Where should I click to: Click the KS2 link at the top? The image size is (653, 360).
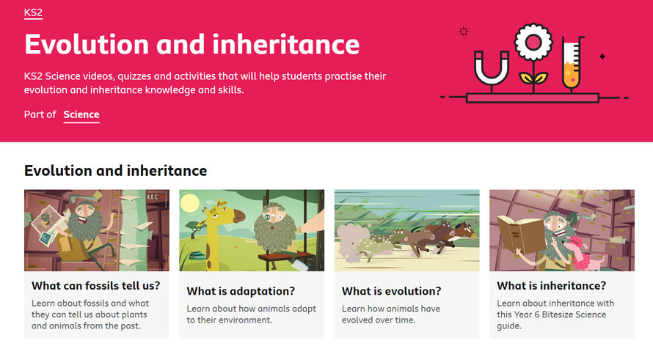point(33,13)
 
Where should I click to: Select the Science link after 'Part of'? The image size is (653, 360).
point(81,114)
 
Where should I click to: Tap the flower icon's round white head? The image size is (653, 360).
point(533,42)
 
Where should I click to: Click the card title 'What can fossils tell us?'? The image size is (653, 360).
point(96,286)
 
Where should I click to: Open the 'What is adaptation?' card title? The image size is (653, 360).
point(241,291)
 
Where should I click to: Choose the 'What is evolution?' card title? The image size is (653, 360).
point(392,291)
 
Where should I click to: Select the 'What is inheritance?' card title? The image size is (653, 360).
point(552,286)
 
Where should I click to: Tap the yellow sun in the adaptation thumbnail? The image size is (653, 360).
point(190,203)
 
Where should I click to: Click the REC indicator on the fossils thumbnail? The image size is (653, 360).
point(155,197)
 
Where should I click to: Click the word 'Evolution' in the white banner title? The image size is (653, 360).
point(87,45)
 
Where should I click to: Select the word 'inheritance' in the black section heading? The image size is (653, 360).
point(167,171)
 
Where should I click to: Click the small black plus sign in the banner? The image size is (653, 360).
point(602,56)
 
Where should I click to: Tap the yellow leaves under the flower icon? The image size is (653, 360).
point(533,78)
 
